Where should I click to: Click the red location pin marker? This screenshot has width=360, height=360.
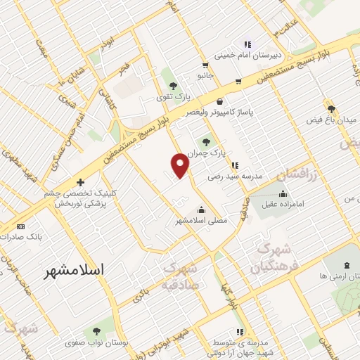click(x=181, y=165)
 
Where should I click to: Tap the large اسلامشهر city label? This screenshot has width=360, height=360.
click(x=72, y=270)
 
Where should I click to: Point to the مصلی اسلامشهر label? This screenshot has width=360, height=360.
click(x=202, y=221)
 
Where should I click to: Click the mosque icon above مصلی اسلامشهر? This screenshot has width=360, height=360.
click(x=202, y=209)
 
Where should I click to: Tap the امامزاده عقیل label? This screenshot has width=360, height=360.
click(x=283, y=206)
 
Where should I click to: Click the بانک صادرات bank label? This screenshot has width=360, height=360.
click(x=31, y=237)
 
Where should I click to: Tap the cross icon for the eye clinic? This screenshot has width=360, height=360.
click(x=80, y=182)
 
